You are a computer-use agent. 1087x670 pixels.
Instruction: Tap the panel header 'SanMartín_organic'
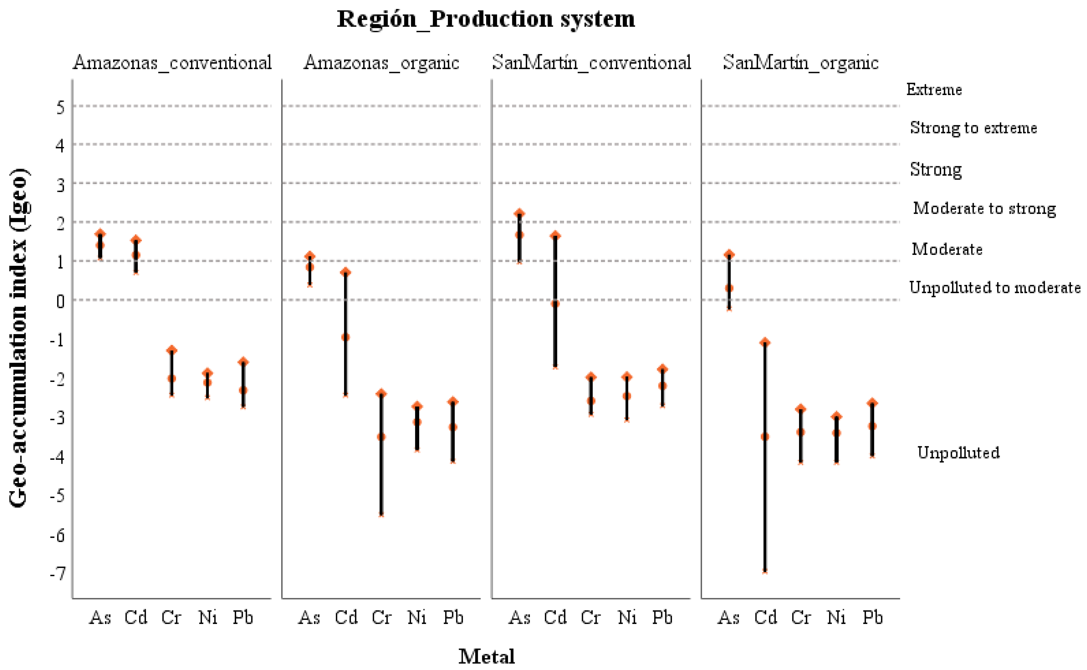(800, 63)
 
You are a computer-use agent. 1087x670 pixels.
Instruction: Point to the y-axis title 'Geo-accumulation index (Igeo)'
(19, 338)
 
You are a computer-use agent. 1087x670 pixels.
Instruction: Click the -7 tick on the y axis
(58, 574)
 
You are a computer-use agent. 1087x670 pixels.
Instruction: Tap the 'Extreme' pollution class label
(934, 90)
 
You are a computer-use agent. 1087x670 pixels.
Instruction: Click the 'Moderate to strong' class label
(984, 208)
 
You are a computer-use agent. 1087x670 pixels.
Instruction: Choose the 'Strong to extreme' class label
(973, 128)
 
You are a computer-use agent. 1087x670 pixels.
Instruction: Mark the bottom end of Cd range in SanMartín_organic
(765, 571)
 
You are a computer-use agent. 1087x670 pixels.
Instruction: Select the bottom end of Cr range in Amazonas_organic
(381, 514)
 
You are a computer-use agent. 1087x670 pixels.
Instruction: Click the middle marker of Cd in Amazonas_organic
(346, 337)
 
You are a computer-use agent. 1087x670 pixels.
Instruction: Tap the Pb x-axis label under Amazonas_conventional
(243, 617)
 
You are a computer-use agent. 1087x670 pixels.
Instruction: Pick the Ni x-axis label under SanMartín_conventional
(627, 617)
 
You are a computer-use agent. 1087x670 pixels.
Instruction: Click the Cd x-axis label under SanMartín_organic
(766, 617)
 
